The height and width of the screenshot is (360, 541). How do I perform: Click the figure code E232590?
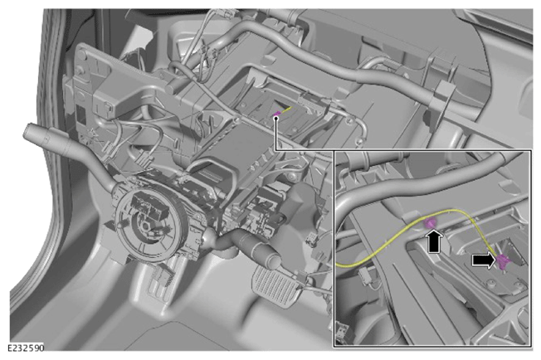point(27,348)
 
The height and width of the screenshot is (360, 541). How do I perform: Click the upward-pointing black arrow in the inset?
point(435,241)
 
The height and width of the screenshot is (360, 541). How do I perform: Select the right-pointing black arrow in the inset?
point(484,261)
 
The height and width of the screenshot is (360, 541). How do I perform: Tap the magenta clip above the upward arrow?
point(430,223)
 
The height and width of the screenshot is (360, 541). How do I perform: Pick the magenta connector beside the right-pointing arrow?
point(504,262)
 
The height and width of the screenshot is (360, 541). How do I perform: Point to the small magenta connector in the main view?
point(276,114)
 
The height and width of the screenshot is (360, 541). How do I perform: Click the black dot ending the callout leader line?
point(275,119)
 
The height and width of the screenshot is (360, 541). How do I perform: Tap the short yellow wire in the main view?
point(287,109)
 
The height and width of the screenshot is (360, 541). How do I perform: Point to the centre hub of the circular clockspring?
point(145,226)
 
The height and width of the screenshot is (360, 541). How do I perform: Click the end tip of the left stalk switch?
point(29,132)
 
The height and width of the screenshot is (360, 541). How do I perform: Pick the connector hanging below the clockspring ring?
point(163,275)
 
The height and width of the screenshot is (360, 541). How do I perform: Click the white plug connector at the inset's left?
point(367,277)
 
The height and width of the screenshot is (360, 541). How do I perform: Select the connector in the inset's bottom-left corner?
point(342,332)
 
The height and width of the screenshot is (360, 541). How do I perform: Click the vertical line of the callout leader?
point(275,135)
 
